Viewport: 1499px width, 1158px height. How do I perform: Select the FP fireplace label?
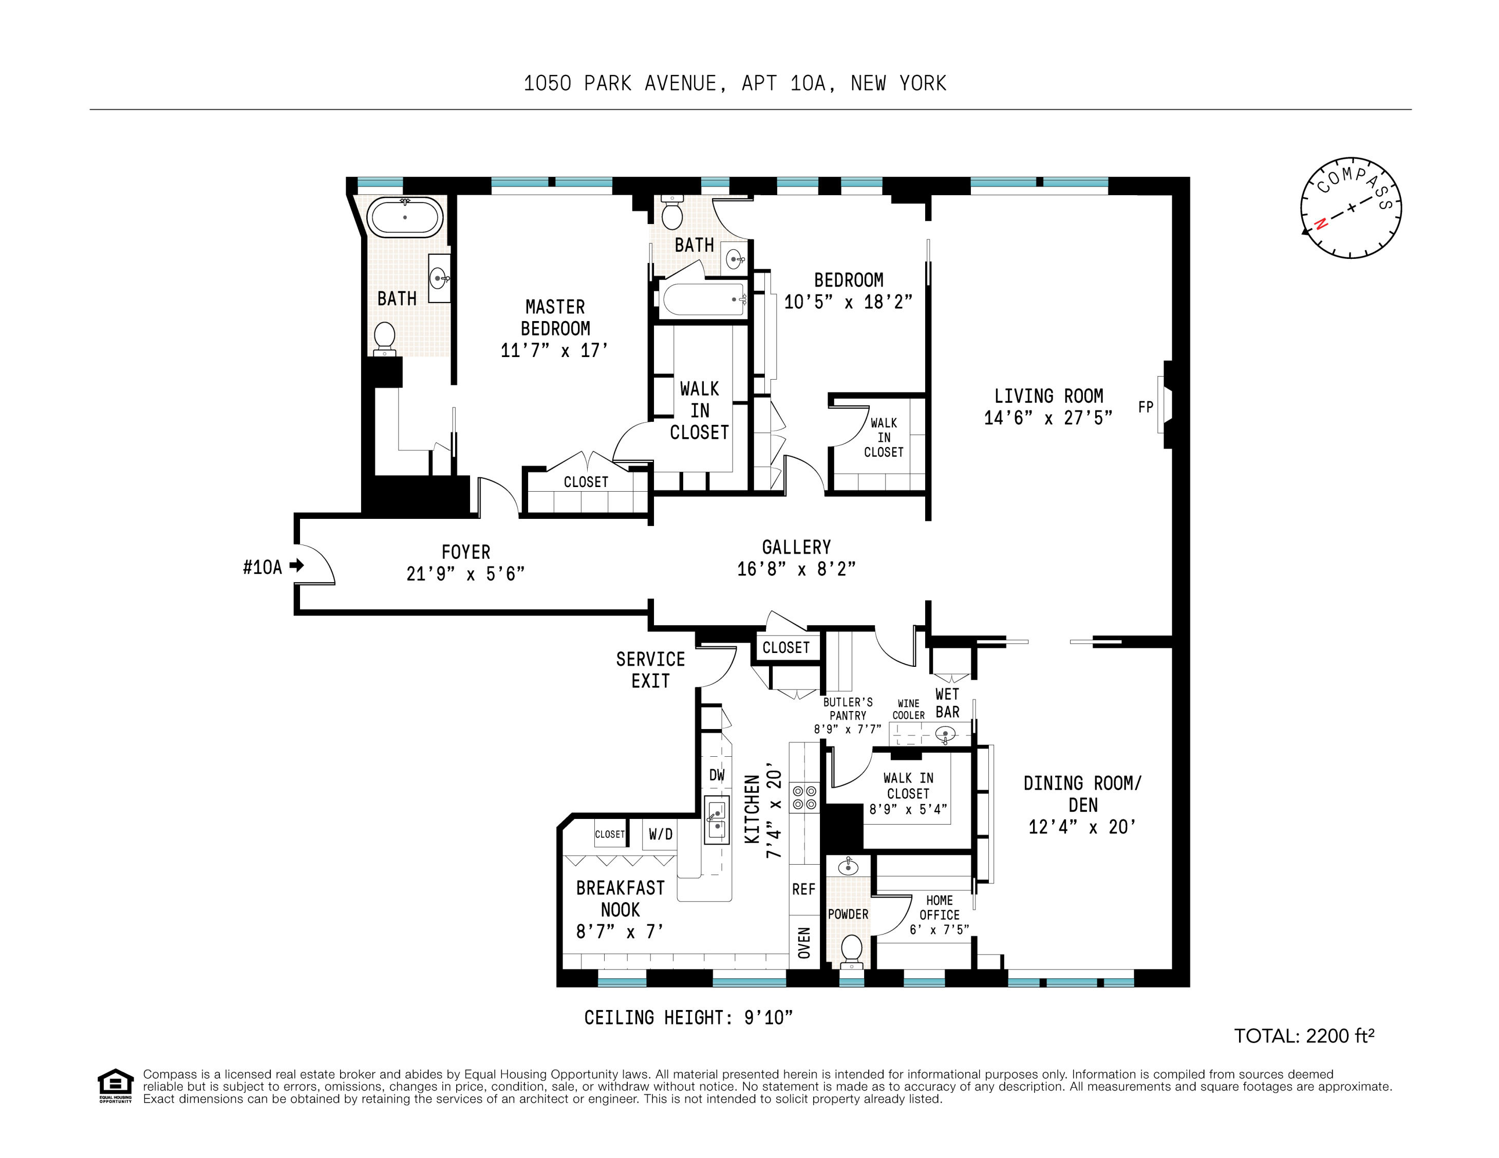tap(1146, 407)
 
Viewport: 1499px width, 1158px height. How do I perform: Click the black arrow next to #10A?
tap(296, 566)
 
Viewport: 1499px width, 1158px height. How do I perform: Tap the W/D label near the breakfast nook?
tap(660, 834)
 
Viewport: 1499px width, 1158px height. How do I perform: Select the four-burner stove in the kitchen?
tap(804, 798)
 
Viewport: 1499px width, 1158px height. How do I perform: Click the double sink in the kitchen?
tap(717, 819)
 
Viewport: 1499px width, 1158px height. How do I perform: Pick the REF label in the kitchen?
tap(804, 889)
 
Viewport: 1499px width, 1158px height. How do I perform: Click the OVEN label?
tap(804, 942)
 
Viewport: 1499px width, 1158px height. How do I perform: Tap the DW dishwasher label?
tap(717, 775)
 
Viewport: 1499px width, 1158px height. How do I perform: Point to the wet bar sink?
tap(945, 735)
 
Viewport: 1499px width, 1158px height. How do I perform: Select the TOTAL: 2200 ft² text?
tap(1304, 1036)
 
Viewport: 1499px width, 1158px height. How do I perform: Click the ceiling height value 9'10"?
tap(768, 1017)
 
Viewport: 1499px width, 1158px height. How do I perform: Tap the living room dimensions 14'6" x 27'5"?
tap(1048, 418)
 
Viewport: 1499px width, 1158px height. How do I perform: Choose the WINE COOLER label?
tap(908, 709)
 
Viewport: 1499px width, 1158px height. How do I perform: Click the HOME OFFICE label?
tap(939, 907)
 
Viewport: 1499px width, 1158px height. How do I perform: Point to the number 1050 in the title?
tap(547, 84)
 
